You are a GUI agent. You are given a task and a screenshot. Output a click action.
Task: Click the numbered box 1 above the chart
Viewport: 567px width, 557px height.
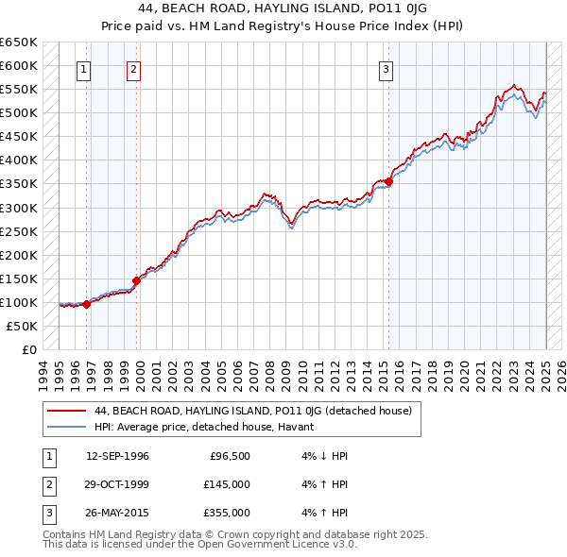tap(84, 69)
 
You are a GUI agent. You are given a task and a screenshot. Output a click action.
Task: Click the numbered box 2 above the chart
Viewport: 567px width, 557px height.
tap(134, 69)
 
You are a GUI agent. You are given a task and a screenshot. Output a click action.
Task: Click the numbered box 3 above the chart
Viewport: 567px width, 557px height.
tap(387, 69)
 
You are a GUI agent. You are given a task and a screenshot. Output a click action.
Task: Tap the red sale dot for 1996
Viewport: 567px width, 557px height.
tap(86, 304)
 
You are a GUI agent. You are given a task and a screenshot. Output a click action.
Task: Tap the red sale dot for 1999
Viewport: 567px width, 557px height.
tap(136, 280)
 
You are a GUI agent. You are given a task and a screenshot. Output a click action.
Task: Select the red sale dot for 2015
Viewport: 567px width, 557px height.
tap(388, 181)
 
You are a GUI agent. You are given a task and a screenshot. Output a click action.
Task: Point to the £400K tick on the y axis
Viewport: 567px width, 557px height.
tap(19, 160)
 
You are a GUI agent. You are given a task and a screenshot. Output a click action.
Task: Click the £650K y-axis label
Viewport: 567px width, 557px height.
tap(19, 42)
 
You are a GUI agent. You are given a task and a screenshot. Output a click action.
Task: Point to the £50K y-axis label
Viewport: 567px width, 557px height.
tap(22, 326)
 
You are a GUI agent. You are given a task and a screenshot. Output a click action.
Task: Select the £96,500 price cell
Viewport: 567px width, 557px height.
tap(230, 456)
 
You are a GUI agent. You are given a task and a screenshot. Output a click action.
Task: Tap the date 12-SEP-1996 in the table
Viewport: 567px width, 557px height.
tap(117, 456)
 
